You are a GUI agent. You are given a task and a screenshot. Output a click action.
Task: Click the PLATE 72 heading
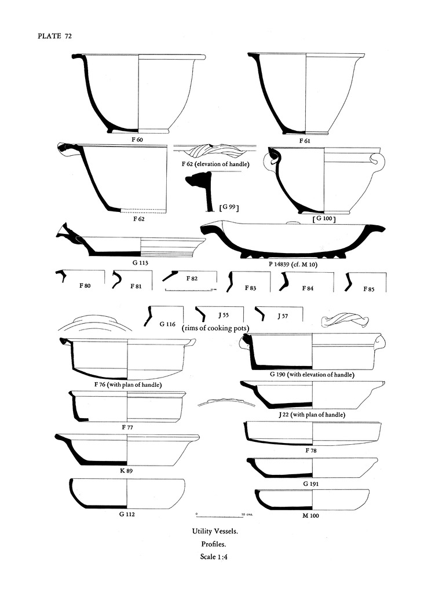54,36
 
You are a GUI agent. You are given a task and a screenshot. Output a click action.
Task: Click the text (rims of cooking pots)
215,328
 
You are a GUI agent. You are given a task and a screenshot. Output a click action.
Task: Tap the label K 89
127,470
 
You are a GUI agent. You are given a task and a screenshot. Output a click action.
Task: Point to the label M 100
310,515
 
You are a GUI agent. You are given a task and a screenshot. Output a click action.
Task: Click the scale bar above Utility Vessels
220,513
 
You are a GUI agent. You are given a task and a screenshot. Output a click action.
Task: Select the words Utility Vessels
214,530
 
